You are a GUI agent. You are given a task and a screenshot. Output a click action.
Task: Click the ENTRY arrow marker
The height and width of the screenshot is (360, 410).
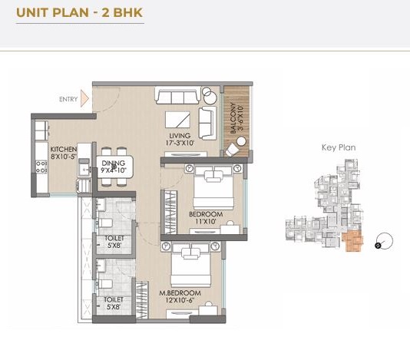point(84,98)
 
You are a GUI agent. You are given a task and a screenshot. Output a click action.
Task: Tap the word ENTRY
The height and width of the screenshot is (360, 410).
point(68,99)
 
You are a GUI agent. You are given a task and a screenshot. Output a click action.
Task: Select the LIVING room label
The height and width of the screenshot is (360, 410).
point(180,140)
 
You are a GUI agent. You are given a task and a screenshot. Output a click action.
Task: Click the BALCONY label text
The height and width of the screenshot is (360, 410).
point(237,118)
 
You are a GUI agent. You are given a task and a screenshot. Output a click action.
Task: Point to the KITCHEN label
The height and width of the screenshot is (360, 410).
point(64,153)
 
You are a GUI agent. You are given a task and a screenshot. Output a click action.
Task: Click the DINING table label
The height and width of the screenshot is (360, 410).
point(114,167)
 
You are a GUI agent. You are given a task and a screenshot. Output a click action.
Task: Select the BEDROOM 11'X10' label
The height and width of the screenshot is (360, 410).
point(206,218)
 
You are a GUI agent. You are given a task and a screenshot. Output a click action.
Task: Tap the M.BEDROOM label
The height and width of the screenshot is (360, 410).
point(180,296)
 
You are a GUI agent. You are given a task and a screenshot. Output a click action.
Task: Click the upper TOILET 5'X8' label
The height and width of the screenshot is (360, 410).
point(114,242)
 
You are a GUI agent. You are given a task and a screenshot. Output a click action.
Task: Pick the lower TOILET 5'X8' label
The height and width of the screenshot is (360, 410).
point(114,303)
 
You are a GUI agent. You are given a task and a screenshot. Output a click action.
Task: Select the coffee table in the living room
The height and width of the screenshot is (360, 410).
point(177,120)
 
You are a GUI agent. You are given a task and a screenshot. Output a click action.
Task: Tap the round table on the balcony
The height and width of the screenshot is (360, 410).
point(241,141)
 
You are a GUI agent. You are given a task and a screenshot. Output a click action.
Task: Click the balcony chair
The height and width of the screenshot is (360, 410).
point(232,150)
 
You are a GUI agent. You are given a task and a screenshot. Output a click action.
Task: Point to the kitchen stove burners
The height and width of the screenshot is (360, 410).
point(41,167)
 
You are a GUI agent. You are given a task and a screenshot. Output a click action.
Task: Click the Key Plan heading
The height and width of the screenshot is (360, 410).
point(339,147)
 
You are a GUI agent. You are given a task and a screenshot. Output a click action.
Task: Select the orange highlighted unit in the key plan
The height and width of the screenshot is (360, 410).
point(353,242)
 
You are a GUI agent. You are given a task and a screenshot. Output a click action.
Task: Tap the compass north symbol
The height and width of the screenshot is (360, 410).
point(384,241)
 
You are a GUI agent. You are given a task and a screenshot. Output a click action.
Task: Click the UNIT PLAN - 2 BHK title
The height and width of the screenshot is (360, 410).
point(80,12)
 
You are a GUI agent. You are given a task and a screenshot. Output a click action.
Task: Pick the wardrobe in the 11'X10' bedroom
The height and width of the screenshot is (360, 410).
point(170,213)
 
